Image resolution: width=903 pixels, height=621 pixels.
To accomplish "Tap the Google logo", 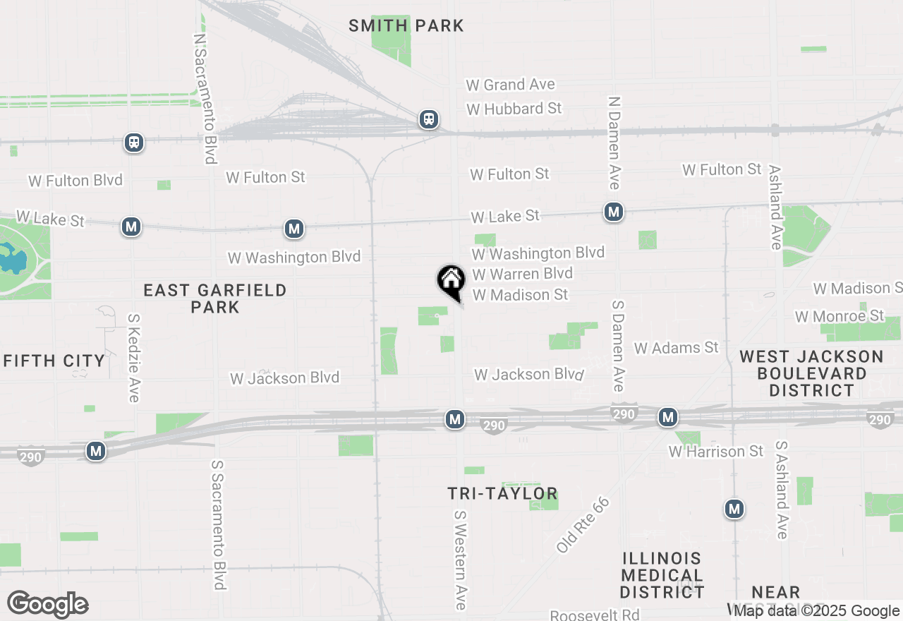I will click(47, 605).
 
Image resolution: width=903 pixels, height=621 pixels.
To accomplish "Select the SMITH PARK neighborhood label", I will click(407, 26).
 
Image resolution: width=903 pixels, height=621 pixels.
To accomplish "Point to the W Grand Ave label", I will click(510, 85).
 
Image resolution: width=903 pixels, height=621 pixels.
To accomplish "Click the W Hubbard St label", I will click(514, 109).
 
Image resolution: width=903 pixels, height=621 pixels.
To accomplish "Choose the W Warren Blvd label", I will click(522, 274).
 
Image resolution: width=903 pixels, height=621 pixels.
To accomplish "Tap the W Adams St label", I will click(676, 347).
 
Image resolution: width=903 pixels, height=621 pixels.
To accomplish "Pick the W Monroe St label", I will click(840, 315).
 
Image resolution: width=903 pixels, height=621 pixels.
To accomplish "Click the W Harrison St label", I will click(716, 451).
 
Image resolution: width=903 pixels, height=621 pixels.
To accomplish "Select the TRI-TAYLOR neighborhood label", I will click(503, 493).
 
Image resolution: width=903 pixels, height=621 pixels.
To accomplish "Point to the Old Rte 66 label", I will click(583, 524).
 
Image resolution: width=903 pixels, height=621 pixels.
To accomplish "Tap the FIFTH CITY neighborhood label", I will click(54, 361).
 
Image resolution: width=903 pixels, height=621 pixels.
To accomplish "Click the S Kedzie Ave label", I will click(133, 358).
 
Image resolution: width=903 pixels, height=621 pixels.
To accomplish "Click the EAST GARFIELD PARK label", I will click(215, 299).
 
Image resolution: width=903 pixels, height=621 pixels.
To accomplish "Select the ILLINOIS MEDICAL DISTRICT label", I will click(662, 575).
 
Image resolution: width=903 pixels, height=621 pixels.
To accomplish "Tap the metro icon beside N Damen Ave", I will click(613, 211).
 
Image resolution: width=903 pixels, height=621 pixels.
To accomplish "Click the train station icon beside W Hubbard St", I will click(428, 119).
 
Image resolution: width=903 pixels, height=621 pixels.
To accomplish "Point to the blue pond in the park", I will click(12, 259).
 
